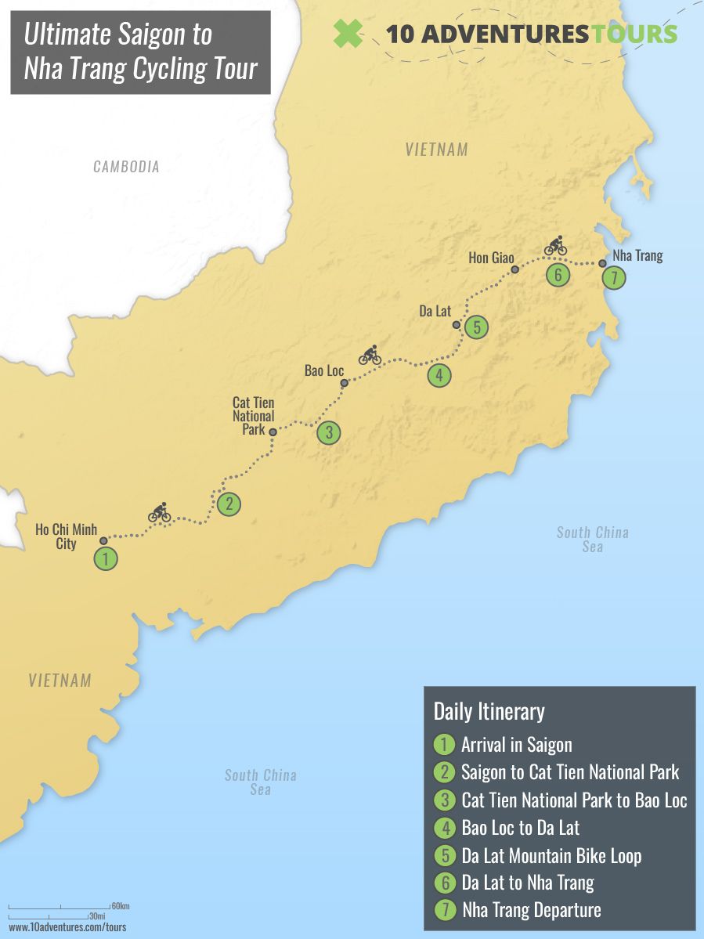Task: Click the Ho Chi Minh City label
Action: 66,536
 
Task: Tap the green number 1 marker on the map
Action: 106,559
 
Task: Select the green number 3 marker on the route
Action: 329,432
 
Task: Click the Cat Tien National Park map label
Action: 253,415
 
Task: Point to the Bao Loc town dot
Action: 344,383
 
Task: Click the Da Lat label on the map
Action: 435,311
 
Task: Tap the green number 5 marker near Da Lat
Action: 475,327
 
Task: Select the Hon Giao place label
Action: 491,257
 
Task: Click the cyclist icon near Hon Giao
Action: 555,246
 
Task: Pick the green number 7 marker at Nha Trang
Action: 614,278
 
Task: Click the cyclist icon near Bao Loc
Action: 370,356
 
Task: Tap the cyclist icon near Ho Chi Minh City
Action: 160,513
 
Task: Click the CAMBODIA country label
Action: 126,166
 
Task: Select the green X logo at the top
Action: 348,33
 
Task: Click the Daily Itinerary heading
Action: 489,711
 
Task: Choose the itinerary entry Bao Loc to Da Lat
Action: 520,827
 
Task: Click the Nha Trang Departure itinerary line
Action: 531,910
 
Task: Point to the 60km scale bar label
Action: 120,906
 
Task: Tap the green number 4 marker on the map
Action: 439,376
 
